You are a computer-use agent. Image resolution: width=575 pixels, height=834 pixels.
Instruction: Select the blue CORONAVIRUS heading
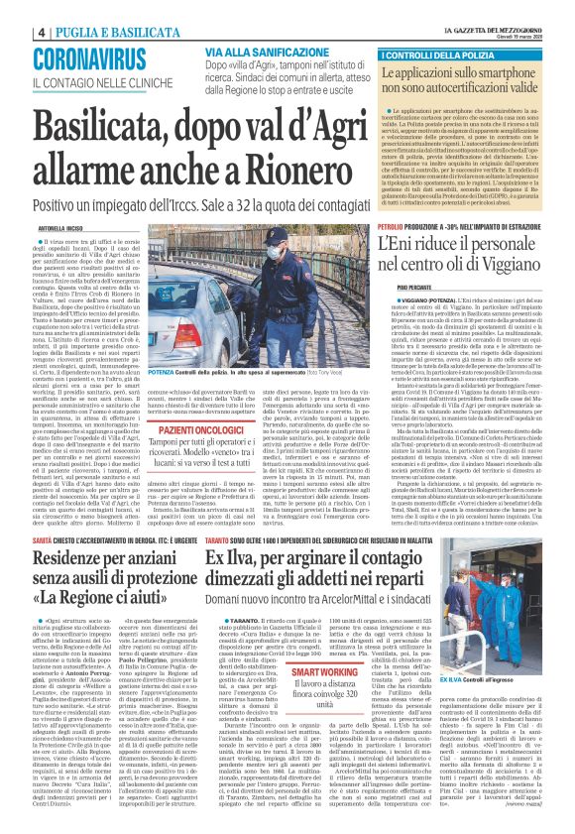coord(89,58)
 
